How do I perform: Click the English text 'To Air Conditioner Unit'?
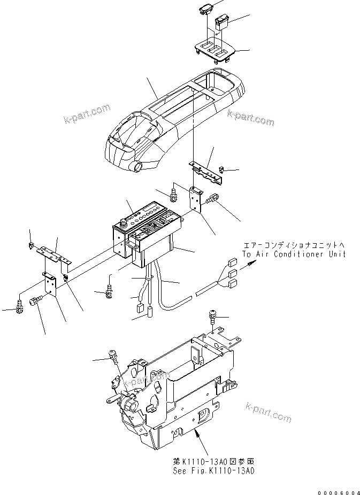[294, 254]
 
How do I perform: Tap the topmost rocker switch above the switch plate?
[207, 8]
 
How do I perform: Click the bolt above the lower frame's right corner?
[213, 318]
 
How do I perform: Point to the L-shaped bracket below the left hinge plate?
[49, 284]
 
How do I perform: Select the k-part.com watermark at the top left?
[86, 113]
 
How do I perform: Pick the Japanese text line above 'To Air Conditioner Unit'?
[293, 245]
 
